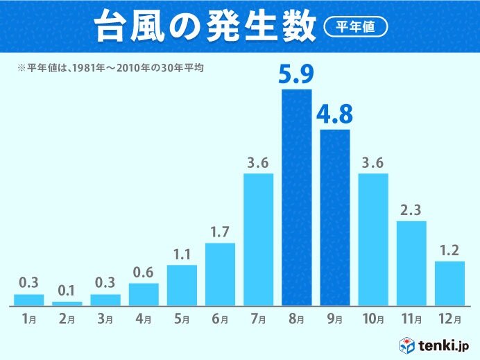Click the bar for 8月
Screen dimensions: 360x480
click(297, 198)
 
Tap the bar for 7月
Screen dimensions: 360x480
click(259, 239)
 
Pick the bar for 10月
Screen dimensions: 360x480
click(373, 239)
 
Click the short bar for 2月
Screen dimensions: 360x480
click(67, 303)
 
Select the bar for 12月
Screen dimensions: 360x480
click(449, 283)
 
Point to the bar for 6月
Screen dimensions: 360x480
click(220, 274)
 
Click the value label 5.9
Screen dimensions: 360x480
click(297, 75)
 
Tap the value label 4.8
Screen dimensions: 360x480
click(335, 114)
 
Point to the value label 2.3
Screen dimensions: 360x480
click(411, 209)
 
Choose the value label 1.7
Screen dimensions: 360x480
click(220, 231)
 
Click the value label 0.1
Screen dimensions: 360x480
click(67, 290)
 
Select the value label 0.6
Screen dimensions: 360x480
click(144, 271)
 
